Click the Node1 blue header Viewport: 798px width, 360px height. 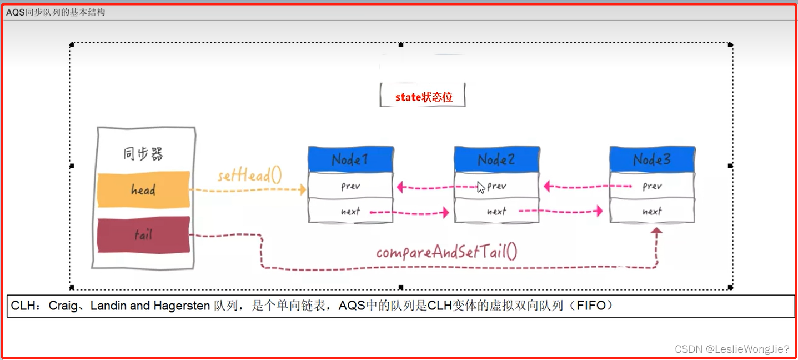(350, 159)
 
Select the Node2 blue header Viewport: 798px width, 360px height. (496, 159)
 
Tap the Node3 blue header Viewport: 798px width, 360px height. (652, 159)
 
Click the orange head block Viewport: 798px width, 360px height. (143, 190)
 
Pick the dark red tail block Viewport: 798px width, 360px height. (143, 235)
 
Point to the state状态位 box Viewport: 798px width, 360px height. (423, 97)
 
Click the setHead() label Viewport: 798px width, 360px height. (249, 176)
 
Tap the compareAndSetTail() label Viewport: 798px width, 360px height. (446, 253)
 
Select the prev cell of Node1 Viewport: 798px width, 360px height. (350, 186)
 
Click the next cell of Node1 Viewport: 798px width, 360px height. (350, 211)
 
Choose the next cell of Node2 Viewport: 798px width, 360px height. (496, 211)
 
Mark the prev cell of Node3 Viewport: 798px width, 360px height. (652, 186)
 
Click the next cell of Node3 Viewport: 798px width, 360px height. (652, 211)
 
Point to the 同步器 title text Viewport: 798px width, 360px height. (143, 154)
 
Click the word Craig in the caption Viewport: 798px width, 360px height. (63, 306)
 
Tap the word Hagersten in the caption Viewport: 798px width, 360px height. (182, 306)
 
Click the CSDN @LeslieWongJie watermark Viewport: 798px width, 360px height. (732, 349)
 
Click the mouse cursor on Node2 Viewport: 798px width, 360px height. (481, 187)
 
